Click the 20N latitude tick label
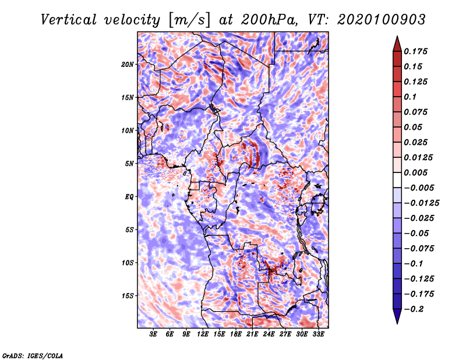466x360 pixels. coord(127,65)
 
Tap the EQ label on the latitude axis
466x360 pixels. coord(129,197)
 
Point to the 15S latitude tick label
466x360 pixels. coord(127,296)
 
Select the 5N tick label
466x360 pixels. coord(129,164)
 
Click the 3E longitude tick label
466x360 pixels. coord(153,334)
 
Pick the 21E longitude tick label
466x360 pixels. coord(252,334)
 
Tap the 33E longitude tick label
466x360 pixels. coord(318,334)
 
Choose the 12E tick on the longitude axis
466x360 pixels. coord(202,334)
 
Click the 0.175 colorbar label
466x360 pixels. coord(415,51)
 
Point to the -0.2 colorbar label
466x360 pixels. coord(414,309)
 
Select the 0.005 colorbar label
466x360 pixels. coord(415,172)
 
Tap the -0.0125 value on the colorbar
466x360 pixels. coord(421,203)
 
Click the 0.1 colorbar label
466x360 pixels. coord(410,97)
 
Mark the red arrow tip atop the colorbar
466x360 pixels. coord(397,36)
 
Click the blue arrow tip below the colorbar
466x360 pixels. coord(397,323)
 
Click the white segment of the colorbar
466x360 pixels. coord(397,180)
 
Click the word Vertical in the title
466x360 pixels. coord(69,20)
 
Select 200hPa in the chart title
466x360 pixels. coord(269,20)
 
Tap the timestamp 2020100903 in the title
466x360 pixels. coord(382,20)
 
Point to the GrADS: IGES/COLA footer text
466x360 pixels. coord(33,355)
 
